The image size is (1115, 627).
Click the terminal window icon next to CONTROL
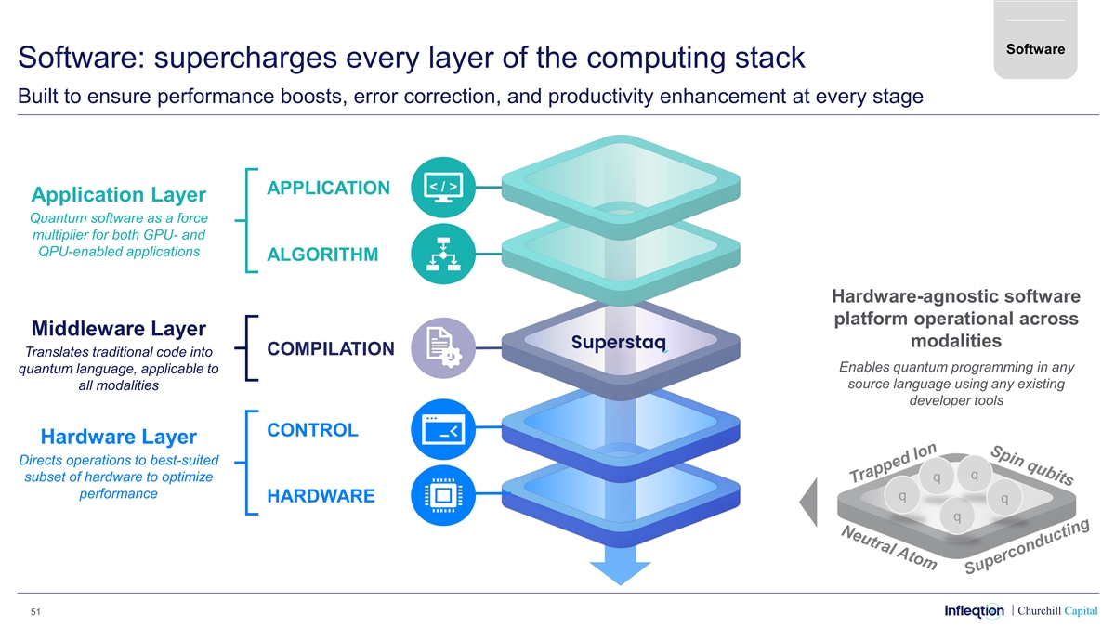click(441, 430)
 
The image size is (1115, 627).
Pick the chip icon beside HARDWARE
click(441, 495)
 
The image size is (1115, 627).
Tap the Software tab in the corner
click(1033, 49)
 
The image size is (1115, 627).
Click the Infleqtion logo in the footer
click(974, 610)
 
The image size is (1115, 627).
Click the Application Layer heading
click(118, 195)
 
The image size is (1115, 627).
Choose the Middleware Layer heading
click(118, 329)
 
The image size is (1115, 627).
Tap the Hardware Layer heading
click(118, 437)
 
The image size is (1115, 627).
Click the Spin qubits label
click(1032, 465)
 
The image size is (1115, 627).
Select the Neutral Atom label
click(887, 548)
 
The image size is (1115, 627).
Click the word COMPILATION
click(330, 348)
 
